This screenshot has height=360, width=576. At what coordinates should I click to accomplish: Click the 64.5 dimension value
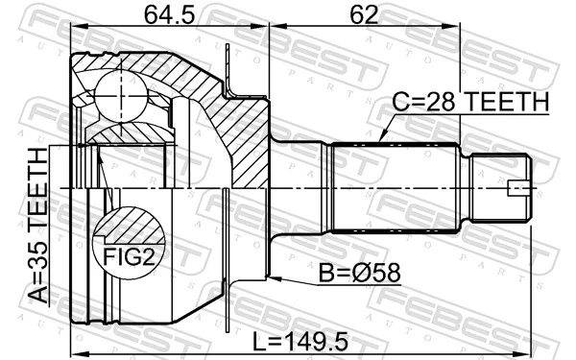tap(169, 15)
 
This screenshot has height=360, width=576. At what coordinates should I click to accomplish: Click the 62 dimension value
tap(364, 15)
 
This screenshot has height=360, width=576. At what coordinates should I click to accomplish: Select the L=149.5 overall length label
tap(300, 342)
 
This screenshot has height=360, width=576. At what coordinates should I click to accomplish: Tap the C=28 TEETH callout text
tap(470, 102)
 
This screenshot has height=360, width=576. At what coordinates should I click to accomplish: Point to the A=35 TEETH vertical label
tap(38, 226)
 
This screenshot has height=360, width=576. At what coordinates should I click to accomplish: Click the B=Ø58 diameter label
tap(359, 274)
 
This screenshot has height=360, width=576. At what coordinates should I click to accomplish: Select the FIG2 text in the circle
tap(129, 256)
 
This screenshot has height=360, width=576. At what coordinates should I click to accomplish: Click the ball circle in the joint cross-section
tap(121, 95)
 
